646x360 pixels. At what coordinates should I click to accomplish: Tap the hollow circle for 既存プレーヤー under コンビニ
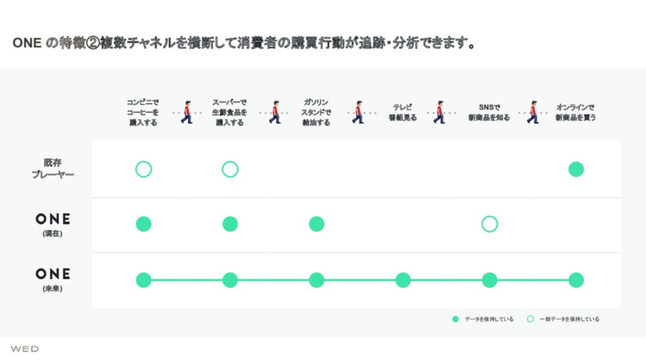pos(144,170)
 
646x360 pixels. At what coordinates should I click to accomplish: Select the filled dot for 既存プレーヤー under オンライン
pos(576,170)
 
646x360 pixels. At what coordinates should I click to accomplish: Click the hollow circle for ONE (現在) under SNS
pos(489,224)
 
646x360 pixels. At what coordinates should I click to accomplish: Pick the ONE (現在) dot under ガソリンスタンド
pos(317,224)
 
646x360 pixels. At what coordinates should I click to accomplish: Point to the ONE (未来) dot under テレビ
pos(403,280)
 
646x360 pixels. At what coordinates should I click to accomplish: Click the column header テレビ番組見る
pos(403,112)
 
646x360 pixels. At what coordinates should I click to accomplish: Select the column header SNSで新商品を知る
pos(489,112)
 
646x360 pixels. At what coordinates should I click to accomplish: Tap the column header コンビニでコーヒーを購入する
pos(144,112)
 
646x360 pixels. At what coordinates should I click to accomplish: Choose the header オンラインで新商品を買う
pos(576,112)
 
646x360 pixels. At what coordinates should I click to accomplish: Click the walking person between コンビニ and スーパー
pos(187,113)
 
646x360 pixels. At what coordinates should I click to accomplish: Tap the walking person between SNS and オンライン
pos(533,113)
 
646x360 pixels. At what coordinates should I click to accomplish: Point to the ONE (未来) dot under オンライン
pos(576,280)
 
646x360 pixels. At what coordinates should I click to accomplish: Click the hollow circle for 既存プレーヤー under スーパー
pos(230,170)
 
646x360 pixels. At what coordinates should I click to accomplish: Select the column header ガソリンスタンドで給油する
pos(317,112)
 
